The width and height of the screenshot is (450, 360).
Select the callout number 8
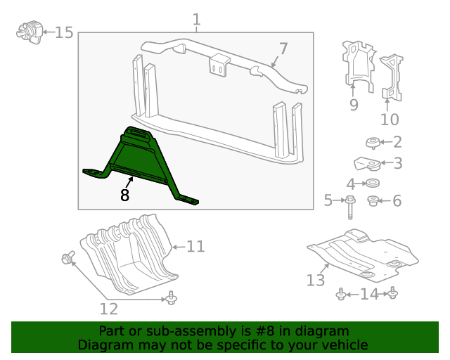point(125,195)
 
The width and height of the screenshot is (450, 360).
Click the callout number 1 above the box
point(196,20)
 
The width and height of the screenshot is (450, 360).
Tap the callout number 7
point(283,49)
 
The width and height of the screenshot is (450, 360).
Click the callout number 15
point(64,32)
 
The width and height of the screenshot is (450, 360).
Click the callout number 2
point(397,141)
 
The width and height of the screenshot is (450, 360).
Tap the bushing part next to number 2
point(373,143)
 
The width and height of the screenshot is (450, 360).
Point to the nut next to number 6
point(374,201)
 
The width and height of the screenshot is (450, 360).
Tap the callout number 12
point(108,308)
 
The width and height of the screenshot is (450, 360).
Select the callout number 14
point(368,294)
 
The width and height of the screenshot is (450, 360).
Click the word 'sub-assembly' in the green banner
point(171,331)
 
